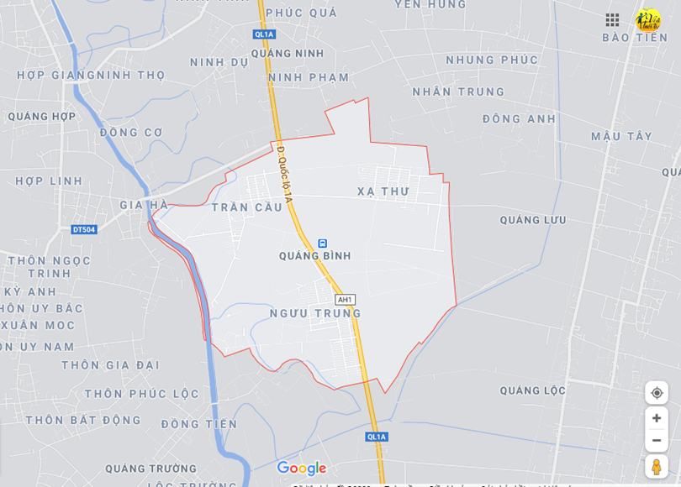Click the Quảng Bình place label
click(315, 256)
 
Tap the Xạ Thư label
click(383, 191)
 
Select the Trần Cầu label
click(246, 207)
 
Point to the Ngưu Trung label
click(315, 313)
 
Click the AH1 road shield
click(345, 300)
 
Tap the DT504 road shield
click(83, 229)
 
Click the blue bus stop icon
click(323, 243)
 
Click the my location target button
click(657, 393)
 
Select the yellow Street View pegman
click(657, 467)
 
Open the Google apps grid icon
click(612, 19)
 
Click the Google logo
click(301, 469)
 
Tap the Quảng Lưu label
click(533, 220)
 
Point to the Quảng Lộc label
click(533, 390)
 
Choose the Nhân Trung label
click(458, 92)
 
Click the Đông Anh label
click(519, 119)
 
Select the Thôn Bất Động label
click(83, 420)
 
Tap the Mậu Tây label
click(621, 136)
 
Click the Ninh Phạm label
click(309, 78)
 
